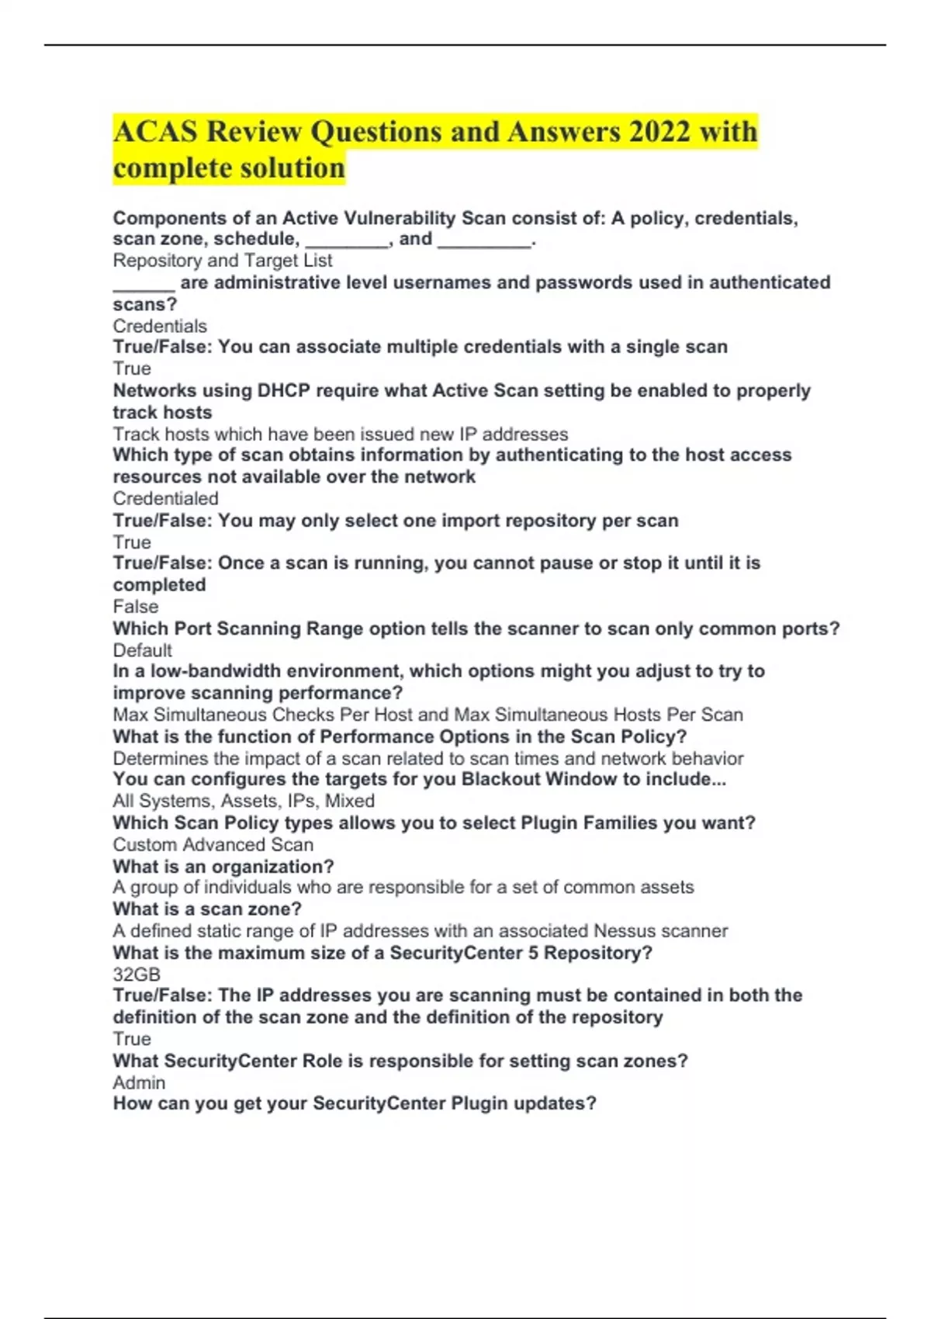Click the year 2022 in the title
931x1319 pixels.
[659, 132]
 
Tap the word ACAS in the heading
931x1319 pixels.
[155, 132]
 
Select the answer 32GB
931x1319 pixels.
[137, 975]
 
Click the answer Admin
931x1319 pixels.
[139, 1082]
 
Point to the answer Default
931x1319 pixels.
[142, 650]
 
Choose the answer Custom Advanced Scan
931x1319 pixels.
[213, 844]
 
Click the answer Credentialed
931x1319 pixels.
[165, 498]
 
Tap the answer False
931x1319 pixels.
[135, 607]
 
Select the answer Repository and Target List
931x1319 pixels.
[222, 261]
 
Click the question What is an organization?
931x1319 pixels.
[223, 866]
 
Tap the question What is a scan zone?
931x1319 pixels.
[206, 909]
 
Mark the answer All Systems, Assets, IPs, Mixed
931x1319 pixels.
[243, 801]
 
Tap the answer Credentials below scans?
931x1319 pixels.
[159, 326]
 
